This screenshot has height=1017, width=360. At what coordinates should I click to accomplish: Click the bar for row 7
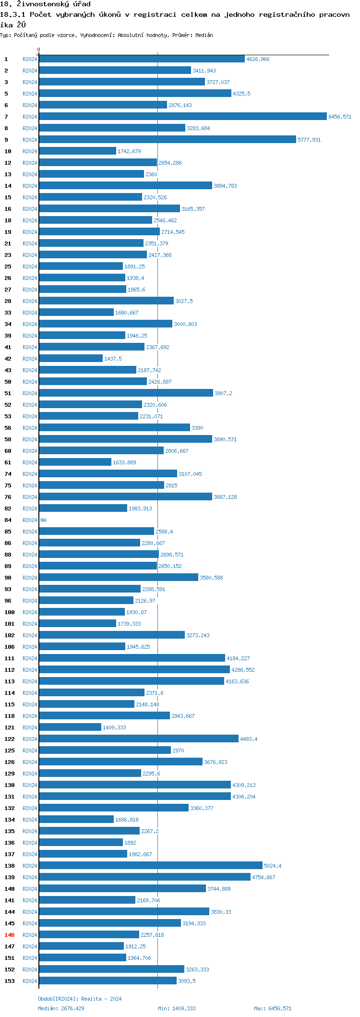pyautogui.click(x=182, y=117)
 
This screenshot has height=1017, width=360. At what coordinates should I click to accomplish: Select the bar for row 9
pyautogui.click(x=167, y=140)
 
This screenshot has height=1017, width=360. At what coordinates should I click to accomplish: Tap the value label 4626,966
pyautogui.click(x=258, y=59)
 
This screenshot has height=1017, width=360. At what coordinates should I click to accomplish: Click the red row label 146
pyautogui.click(x=10, y=935)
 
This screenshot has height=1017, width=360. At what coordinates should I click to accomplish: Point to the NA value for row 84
pyautogui.click(x=43, y=520)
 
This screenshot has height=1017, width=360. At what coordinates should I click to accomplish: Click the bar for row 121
pyautogui.click(x=70, y=727)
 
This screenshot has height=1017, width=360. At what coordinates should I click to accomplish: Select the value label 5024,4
pyautogui.click(x=273, y=866)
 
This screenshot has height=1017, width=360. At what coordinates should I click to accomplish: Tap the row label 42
pyautogui.click(x=8, y=359)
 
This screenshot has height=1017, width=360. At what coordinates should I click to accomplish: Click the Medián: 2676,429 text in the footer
pyautogui.click(x=61, y=1008)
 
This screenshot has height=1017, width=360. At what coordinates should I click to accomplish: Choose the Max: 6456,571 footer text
pyautogui.click(x=273, y=1008)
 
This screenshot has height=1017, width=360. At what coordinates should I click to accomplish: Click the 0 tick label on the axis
pyautogui.click(x=39, y=50)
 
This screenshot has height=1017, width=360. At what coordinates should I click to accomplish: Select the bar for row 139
pyautogui.click(x=144, y=877)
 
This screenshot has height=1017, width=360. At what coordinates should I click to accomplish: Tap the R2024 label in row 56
pyautogui.click(x=30, y=428)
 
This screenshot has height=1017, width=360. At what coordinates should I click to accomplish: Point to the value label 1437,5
pyautogui.click(x=113, y=359)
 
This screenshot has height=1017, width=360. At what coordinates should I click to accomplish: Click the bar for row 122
pyautogui.click(x=139, y=739)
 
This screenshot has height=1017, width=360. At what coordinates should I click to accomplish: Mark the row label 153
pyautogui.click(x=10, y=981)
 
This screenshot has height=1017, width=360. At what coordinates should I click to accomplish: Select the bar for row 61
pyautogui.click(x=75, y=462)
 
